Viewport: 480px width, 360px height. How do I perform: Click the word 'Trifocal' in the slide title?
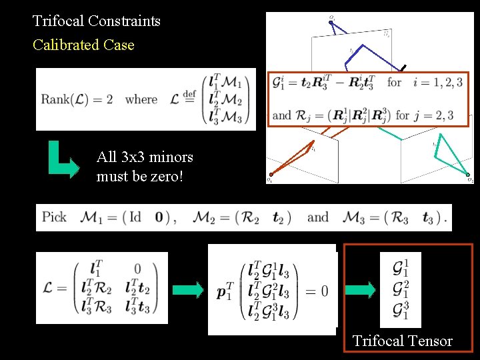click(x=59, y=21)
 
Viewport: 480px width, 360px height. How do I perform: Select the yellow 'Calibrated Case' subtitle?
click(x=83, y=45)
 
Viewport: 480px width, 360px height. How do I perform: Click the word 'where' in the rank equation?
click(x=141, y=100)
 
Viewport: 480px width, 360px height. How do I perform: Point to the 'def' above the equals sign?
click(x=189, y=92)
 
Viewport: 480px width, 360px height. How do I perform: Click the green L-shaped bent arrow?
click(x=67, y=164)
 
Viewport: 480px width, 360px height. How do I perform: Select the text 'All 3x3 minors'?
click(x=145, y=157)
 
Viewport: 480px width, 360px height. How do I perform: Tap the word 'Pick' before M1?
click(x=54, y=217)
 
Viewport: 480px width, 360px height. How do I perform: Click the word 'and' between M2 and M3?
click(x=318, y=217)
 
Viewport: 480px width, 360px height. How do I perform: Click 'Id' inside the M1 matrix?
click(x=141, y=217)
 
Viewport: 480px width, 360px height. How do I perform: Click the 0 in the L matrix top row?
click(x=137, y=269)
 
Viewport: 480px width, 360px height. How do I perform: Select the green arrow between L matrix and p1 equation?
click(x=187, y=290)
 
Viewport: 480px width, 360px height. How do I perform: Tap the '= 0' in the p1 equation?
click(x=315, y=291)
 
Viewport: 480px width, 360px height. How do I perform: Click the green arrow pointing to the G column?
click(x=360, y=290)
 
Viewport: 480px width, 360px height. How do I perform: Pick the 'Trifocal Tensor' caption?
click(x=402, y=341)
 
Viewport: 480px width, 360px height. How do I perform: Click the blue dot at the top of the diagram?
click(x=331, y=22)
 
